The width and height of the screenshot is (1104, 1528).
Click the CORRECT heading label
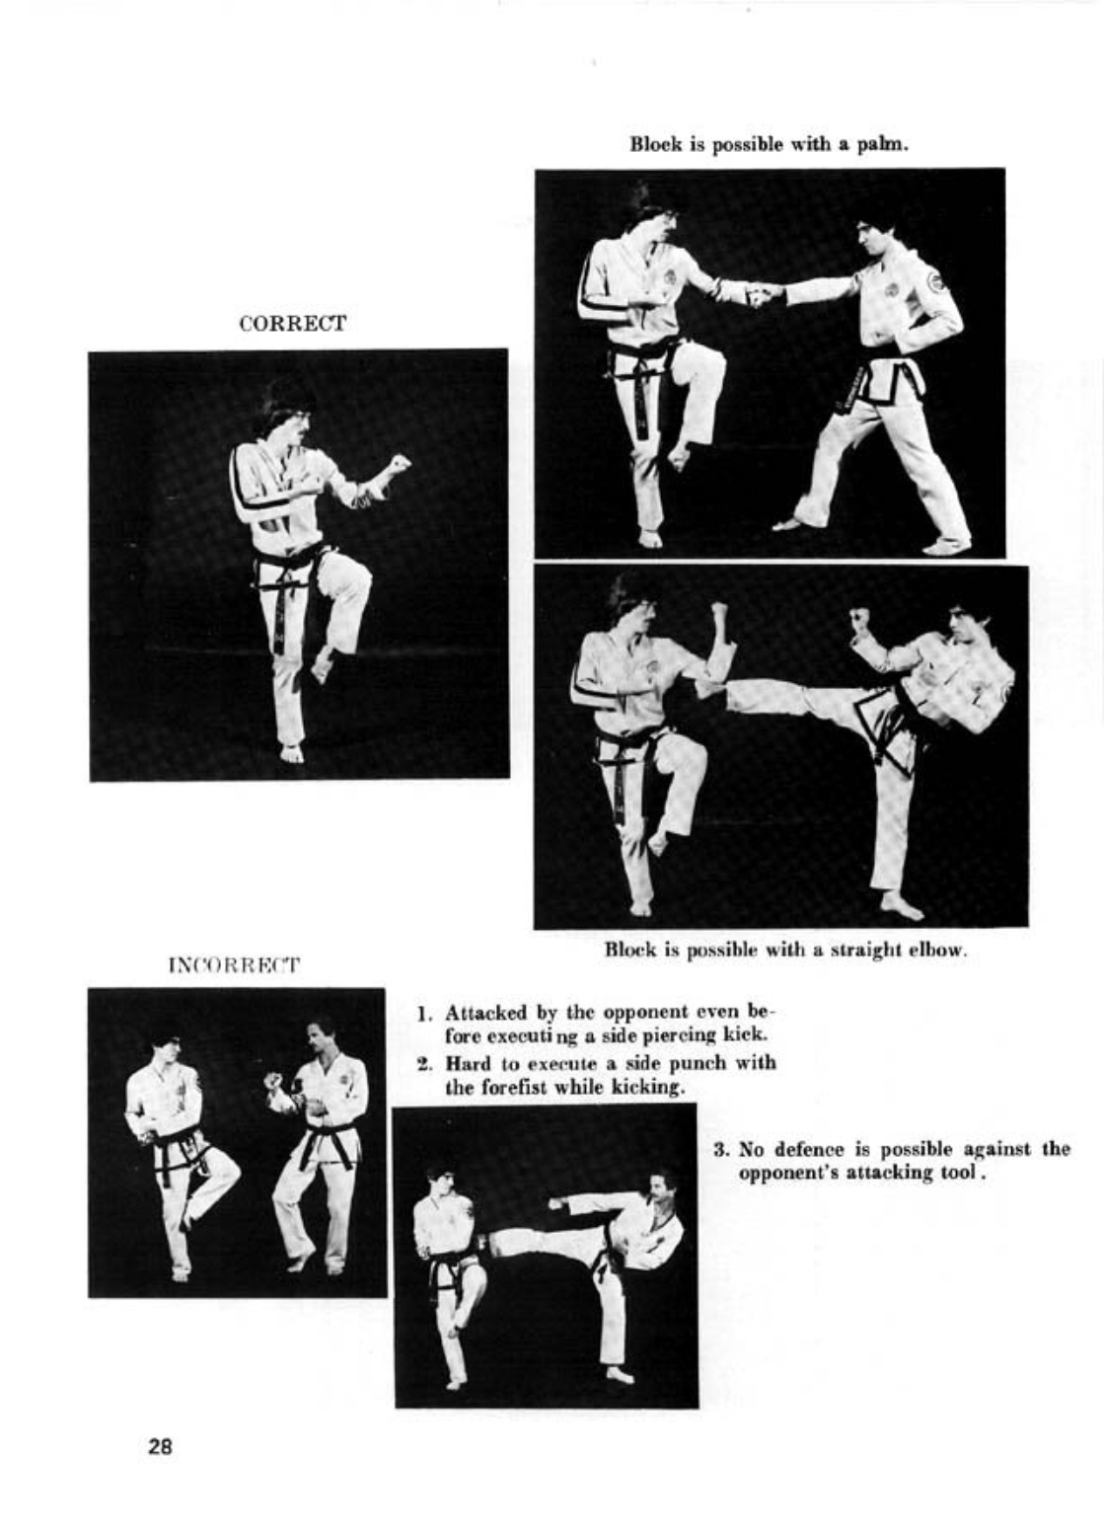293,323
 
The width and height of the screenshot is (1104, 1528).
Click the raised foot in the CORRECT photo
321,665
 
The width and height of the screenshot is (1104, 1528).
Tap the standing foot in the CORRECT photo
291,752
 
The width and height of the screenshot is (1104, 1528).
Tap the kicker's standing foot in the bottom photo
620,1378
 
